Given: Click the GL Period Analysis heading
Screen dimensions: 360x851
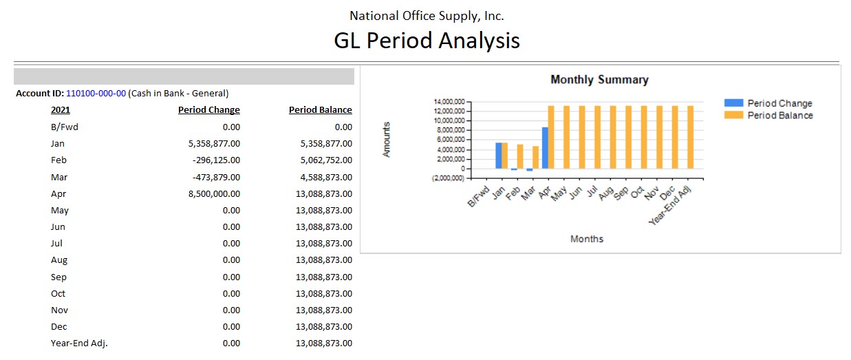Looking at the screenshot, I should click(427, 40).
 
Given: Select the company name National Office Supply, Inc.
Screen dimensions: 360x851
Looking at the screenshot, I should click(427, 15).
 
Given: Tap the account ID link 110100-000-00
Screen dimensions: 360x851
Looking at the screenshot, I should click(96, 93).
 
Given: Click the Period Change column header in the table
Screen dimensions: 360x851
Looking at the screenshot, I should click(209, 110).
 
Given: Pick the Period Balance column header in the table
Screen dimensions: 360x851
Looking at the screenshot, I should click(320, 110).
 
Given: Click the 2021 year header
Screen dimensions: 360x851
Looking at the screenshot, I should click(61, 110).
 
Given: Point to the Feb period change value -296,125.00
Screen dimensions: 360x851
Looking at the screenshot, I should click(212, 160).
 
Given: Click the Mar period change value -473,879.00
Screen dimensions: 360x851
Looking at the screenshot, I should click(212, 177).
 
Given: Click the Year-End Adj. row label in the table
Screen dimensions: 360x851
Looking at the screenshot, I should click(79, 343).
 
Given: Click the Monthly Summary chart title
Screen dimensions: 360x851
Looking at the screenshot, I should click(599, 80).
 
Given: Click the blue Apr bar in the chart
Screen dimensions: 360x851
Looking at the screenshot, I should click(545, 148).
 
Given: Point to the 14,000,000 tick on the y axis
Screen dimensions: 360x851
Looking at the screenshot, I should click(447, 102).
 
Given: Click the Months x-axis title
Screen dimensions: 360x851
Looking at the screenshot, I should click(587, 239).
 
